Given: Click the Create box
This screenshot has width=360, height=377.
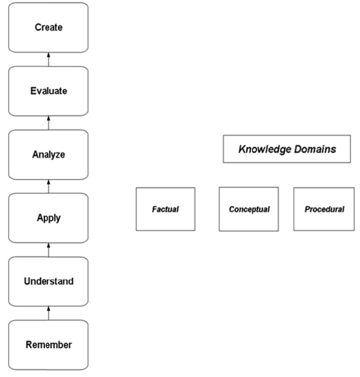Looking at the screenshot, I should tap(48, 27).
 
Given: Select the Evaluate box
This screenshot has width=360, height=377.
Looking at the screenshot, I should tap(48, 91).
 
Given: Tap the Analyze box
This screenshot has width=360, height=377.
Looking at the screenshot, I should tap(48, 155).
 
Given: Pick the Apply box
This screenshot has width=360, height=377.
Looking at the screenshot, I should tap(48, 218).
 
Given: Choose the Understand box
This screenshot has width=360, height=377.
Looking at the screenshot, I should tap(48, 281).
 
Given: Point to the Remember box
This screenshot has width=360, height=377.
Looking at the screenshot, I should tap(48, 345).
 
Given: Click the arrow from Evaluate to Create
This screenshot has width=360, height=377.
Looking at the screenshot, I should tap(48, 59).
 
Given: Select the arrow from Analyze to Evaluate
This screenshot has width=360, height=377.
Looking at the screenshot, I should tap(48, 123).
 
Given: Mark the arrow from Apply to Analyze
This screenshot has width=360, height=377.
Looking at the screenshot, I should tap(48, 186).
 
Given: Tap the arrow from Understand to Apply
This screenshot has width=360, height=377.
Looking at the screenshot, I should tap(48, 250).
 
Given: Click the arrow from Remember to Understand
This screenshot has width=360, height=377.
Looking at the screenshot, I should tap(48, 313).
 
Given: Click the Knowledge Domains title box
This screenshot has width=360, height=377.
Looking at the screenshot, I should tap(287, 149).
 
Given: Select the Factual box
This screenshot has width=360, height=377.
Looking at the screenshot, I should tap(165, 209).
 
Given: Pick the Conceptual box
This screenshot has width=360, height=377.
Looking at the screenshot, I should tap(249, 209).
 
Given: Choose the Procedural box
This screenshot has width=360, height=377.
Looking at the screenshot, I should tap(324, 209).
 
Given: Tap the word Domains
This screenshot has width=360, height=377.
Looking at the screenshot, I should tap(315, 149).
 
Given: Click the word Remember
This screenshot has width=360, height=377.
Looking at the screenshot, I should tap(48, 345).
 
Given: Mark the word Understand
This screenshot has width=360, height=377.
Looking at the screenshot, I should tap(48, 281).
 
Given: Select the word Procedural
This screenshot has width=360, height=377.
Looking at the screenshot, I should tap(324, 210).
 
